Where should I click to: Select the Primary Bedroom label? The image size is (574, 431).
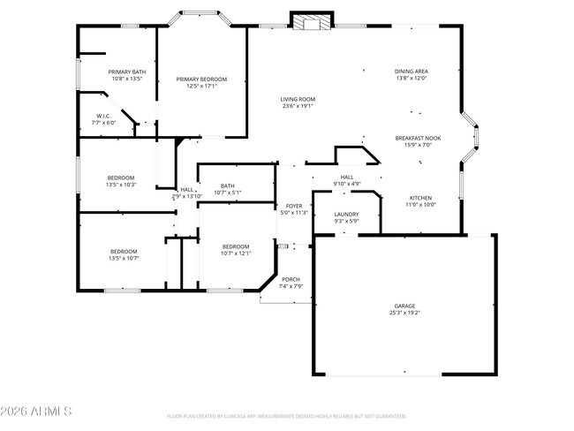[196, 79]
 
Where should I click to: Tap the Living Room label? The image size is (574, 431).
[298, 99]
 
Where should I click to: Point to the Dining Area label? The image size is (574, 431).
[411, 71]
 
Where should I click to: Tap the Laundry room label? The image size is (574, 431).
[345, 215]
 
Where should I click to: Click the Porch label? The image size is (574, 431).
[291, 279]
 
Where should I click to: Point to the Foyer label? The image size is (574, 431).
[293, 206]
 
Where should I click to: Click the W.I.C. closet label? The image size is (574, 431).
[104, 116]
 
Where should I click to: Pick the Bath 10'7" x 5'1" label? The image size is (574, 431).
[228, 185]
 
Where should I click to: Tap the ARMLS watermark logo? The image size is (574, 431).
[37, 412]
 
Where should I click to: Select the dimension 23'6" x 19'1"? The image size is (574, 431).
[298, 106]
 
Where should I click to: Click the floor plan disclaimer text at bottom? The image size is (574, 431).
[286, 415]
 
